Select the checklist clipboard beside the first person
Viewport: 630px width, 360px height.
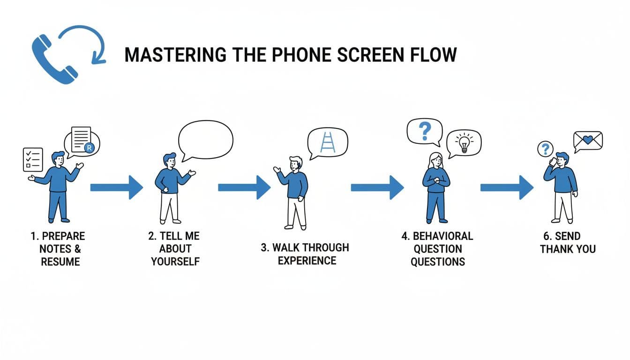[33, 159]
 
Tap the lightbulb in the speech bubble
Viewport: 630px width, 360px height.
[464, 143]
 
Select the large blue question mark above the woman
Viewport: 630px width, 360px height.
[425, 131]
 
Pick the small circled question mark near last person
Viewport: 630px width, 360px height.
[545, 150]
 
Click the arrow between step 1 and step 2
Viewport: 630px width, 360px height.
[116, 187]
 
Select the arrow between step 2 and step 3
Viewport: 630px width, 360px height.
[244, 187]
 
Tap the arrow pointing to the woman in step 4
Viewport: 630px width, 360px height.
[377, 187]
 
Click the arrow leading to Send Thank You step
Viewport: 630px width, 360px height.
[507, 187]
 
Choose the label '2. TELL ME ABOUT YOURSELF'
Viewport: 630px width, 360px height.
[175, 248]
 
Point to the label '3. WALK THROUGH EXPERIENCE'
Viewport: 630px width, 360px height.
[305, 254]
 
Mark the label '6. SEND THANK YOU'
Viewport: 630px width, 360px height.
[568, 242]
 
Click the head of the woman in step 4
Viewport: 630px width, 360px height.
[435, 160]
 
